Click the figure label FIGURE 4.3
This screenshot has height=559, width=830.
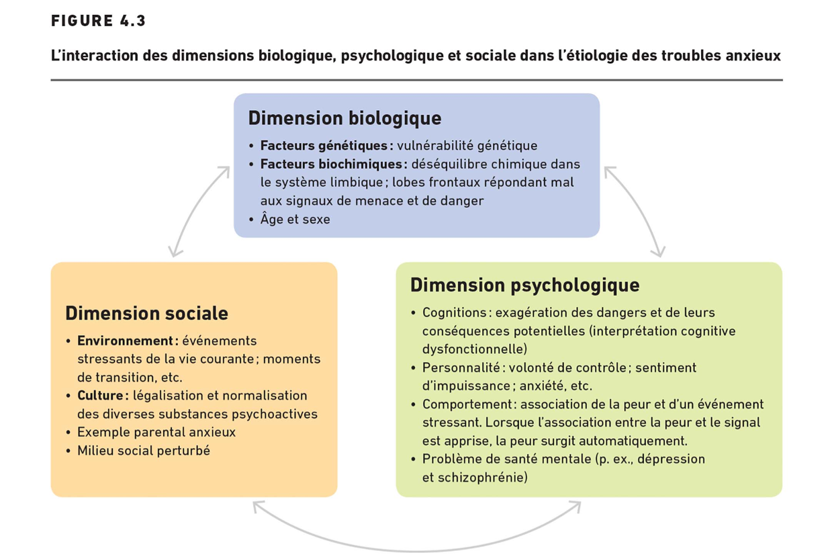click(x=98, y=21)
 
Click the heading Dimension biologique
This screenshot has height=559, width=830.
click(x=344, y=118)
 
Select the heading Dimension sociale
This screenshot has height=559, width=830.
click(x=146, y=313)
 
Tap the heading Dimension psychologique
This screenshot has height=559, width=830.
click(x=524, y=285)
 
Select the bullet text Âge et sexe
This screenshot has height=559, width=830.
click(x=295, y=219)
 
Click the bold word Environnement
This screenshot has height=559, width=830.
click(x=128, y=341)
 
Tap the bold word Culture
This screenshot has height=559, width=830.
click(x=102, y=395)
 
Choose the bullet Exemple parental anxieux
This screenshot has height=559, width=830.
click(x=156, y=432)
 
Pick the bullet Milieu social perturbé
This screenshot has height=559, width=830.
click(x=143, y=450)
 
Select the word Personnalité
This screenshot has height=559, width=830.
click(x=463, y=368)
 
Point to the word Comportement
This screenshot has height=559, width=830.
click(x=468, y=404)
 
